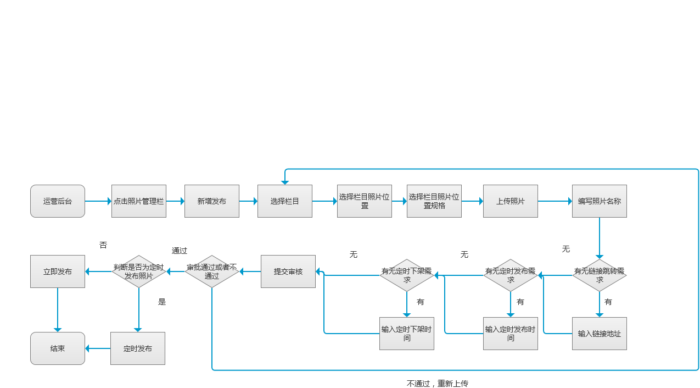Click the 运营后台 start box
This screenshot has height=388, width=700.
pyautogui.click(x=58, y=201)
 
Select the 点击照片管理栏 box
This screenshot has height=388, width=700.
pyautogui.click(x=139, y=201)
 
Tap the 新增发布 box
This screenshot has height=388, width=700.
pyautogui.click(x=212, y=201)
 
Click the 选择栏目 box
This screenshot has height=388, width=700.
pyautogui.click(x=285, y=201)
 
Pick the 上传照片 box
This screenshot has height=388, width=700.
pyautogui.click(x=510, y=201)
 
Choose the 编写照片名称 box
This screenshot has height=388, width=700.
pyautogui.click(x=600, y=201)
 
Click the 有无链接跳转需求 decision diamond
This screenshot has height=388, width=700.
pyautogui.click(x=600, y=275)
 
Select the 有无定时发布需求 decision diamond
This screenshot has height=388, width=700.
pyautogui.click(x=510, y=275)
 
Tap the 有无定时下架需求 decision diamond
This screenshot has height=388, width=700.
pyautogui.click(x=407, y=275)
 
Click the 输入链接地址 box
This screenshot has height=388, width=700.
pyautogui.click(x=600, y=334)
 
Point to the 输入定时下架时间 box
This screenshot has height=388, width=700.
pyautogui.click(x=407, y=334)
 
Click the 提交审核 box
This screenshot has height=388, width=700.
pyautogui.click(x=288, y=271)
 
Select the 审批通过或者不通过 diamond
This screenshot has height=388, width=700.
pyautogui.click(x=212, y=271)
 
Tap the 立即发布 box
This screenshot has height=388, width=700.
pyautogui.click(x=58, y=271)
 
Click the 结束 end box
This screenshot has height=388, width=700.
pyautogui.click(x=58, y=348)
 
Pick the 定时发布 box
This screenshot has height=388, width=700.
pyautogui.click(x=138, y=348)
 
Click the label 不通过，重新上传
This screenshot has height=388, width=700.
pyautogui.click(x=437, y=383)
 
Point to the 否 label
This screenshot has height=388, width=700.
pyautogui.click(x=103, y=245)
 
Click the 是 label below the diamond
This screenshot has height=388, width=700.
pyautogui.click(x=162, y=302)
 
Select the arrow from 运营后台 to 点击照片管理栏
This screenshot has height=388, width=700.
pyautogui.click(x=98, y=201)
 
